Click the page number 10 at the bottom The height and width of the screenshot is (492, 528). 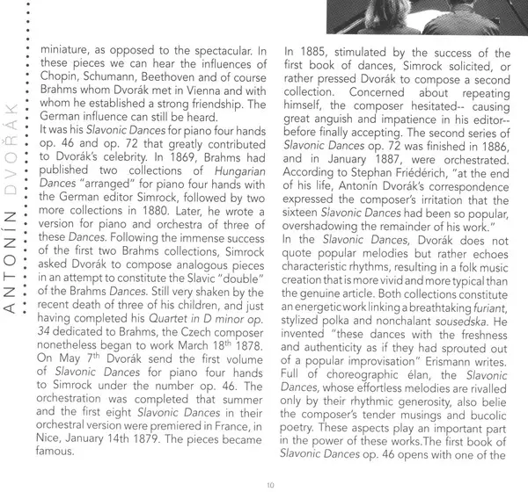click(268, 483)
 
